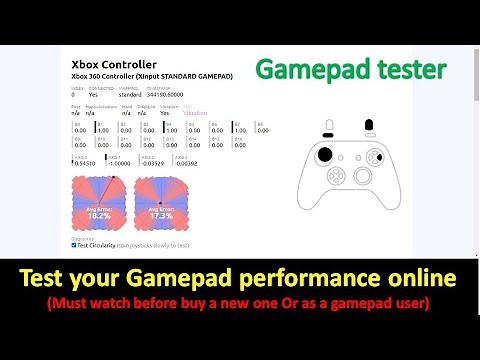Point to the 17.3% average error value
click(160, 215)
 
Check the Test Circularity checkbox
click(75, 244)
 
